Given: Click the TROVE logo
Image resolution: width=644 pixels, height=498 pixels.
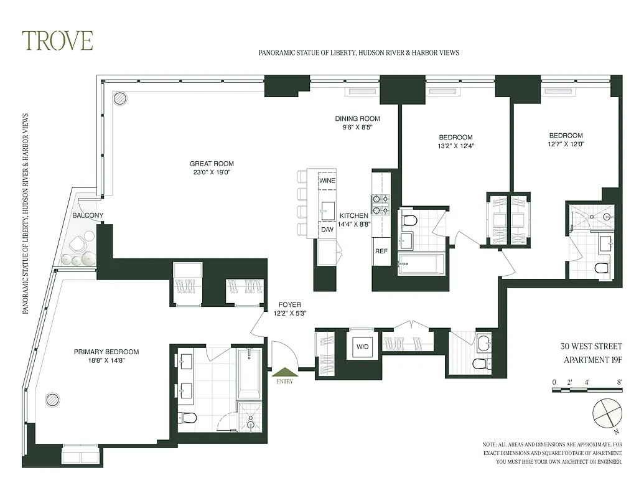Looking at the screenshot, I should click(57, 40).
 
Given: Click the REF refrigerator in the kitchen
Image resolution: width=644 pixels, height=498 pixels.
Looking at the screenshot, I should click(381, 251).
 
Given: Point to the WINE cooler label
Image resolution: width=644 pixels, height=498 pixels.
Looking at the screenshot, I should click(327, 181).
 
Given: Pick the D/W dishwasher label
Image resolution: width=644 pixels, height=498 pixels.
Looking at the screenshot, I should click(327, 230).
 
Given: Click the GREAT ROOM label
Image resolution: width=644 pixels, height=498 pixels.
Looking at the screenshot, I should click(212, 164).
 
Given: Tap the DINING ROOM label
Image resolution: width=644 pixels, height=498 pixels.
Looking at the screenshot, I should click(357, 119).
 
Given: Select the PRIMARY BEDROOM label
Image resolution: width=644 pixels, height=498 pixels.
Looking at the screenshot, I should click(106, 352).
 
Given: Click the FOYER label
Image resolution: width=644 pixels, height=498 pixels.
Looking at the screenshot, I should click(289, 305).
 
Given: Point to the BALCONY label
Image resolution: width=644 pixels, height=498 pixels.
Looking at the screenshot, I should click(88, 215).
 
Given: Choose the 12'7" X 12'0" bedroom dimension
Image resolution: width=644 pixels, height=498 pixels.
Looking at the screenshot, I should click(566, 144).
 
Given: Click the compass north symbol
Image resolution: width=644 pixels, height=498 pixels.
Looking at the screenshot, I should click(605, 413).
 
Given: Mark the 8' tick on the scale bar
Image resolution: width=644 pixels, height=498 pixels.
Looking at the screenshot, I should click(619, 382).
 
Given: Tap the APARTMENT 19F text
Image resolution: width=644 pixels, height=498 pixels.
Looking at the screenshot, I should click(592, 359).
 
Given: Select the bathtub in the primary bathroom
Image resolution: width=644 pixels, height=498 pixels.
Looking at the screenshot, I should click(250, 374).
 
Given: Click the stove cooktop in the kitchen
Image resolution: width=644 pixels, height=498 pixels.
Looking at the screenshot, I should click(380, 205).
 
